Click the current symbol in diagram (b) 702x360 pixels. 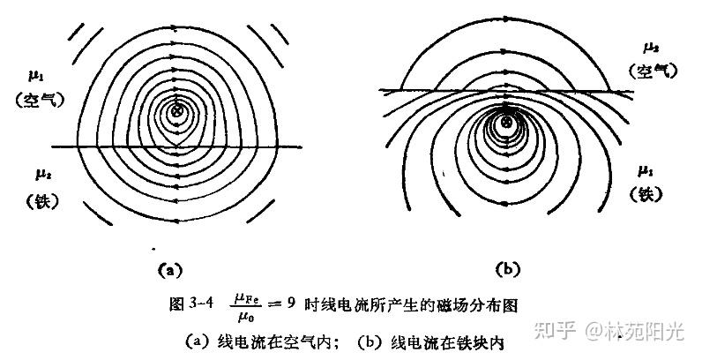(505, 123)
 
